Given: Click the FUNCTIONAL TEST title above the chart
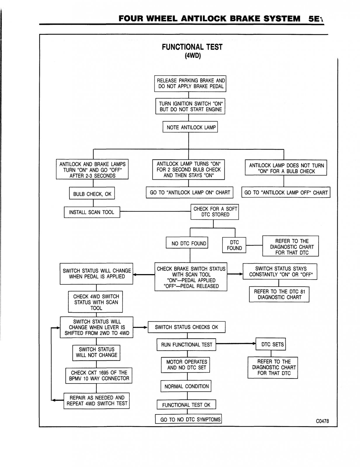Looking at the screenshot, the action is point(192,47).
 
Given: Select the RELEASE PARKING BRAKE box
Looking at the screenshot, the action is point(190,83).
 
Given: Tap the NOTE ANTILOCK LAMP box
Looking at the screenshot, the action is point(190,127).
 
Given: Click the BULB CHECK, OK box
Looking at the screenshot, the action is point(92,194).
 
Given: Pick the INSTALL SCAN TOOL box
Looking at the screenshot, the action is point(92,212).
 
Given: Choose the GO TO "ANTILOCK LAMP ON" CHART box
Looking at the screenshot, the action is point(189,192).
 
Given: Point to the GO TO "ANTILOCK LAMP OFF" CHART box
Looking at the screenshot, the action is point(286,192).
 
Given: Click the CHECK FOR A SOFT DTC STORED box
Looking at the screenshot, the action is point(215,212).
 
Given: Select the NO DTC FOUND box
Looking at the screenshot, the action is point(187,243).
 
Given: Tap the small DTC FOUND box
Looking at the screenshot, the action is point(234,245).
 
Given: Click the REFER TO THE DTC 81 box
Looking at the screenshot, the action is point(279,295).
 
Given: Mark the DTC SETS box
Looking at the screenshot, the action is point(271,344).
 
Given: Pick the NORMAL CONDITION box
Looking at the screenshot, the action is point(186,386).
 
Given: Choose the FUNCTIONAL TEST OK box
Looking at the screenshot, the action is point(186,405).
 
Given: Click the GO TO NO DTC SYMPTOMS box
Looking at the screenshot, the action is point(189,419).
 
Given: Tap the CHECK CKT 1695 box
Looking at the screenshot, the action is point(99,376).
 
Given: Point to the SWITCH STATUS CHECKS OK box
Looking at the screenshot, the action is point(187,327).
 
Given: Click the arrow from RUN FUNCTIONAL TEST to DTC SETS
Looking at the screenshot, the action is point(236,344).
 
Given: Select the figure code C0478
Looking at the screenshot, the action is point(322,421).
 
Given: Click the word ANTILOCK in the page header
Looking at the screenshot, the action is point(204,19).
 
